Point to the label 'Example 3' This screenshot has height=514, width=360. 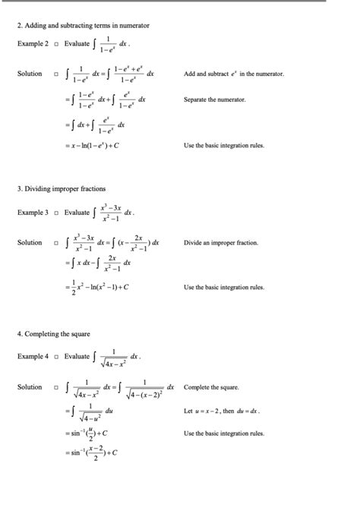pos(33,213)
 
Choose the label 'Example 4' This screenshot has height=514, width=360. pos(33,356)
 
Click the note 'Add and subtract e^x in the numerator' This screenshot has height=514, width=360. pos(233,74)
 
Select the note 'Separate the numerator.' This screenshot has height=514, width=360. pos(215,99)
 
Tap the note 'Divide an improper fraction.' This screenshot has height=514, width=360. pos(221,243)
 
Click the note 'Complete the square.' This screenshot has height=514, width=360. pos(211,387)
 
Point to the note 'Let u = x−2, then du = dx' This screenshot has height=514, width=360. pos(221,411)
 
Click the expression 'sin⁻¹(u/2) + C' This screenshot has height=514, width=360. pos(90,434)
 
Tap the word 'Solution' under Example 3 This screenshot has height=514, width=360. pos(30,243)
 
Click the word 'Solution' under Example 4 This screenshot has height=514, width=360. pos(30,387)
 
